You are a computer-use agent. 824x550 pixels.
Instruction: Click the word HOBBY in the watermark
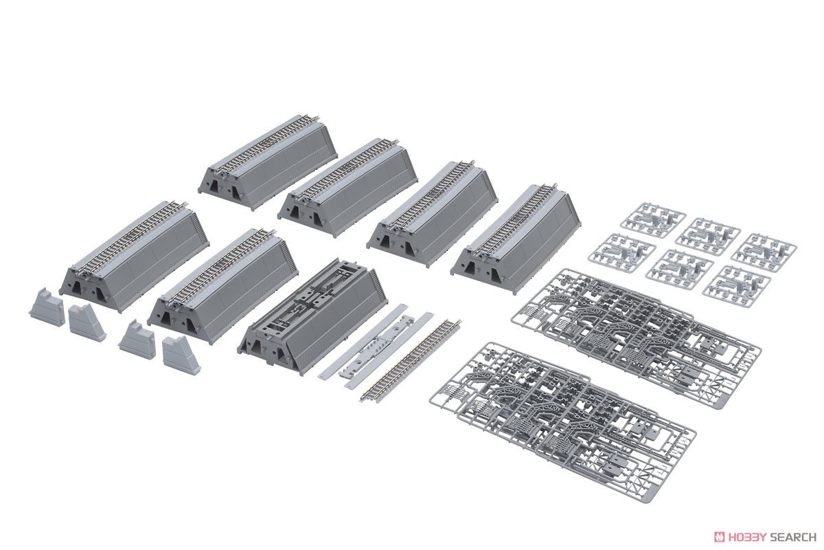[x=743, y=537]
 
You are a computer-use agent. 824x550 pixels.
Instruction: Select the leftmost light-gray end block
[x=47, y=307]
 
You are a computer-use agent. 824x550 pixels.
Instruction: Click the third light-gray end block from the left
[x=137, y=339]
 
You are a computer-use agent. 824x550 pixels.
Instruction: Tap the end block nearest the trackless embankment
[x=181, y=354]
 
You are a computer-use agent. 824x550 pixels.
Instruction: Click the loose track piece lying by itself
[x=411, y=362]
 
